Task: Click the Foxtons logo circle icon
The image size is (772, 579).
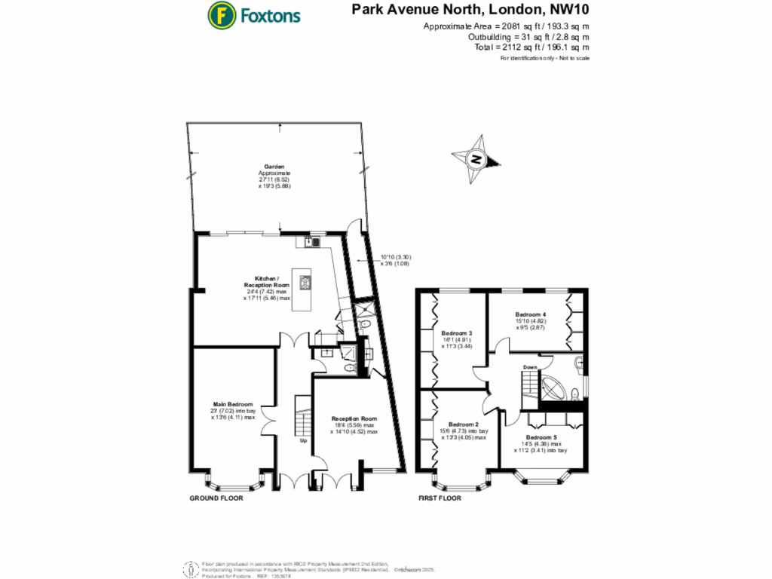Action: point(221,15)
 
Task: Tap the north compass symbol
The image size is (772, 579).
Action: point(476,158)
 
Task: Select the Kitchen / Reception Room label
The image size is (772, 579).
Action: point(267,282)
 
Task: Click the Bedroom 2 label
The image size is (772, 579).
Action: point(464,424)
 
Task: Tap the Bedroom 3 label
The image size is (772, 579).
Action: point(457,333)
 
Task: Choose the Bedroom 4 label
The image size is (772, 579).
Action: point(530,314)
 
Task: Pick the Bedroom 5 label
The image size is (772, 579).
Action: point(541,437)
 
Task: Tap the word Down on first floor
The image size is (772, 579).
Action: point(530,367)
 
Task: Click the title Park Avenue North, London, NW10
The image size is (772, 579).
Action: point(470,11)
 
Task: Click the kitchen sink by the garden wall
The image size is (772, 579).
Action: point(315,241)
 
